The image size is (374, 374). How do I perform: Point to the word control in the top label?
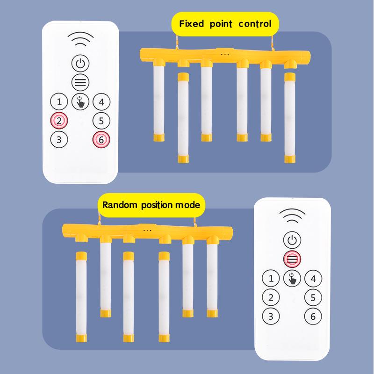(x=255, y=24)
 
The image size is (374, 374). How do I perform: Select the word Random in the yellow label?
(x=118, y=205)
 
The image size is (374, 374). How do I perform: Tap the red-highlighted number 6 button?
(x=101, y=139)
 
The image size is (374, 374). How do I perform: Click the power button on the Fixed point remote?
(x=80, y=63)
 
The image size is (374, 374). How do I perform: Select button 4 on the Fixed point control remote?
(x=101, y=101)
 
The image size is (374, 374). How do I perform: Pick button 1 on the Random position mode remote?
(x=271, y=279)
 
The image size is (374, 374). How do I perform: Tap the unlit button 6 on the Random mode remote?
(x=313, y=316)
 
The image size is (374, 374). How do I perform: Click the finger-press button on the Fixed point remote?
(x=80, y=101)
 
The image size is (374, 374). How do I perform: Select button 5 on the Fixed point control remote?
(x=101, y=120)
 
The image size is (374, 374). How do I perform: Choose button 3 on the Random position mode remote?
(x=271, y=316)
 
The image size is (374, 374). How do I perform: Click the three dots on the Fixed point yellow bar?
(x=225, y=54)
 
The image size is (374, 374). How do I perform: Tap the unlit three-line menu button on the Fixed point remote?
(x=80, y=82)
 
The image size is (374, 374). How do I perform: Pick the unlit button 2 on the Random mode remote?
(x=271, y=297)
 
